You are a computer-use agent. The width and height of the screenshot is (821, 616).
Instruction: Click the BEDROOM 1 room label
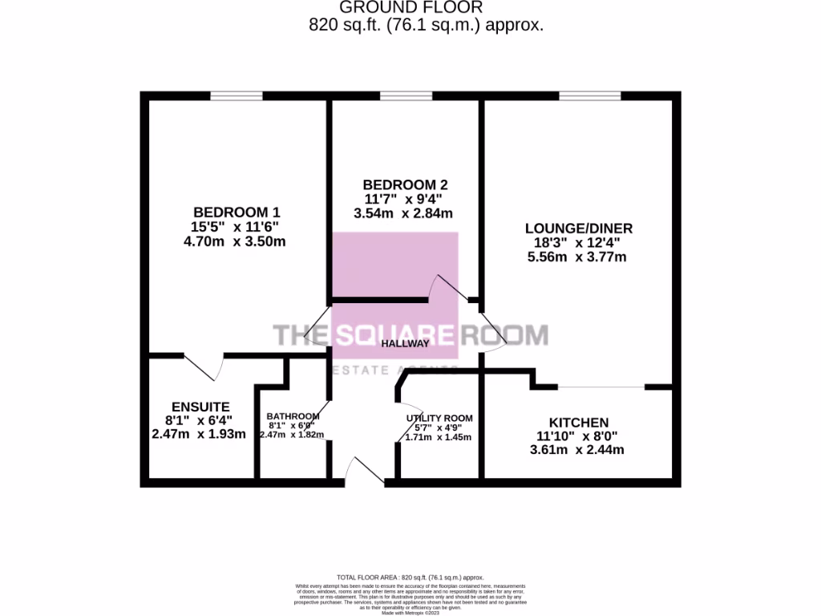point(234,212)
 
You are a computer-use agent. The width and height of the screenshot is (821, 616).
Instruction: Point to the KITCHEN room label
point(578,422)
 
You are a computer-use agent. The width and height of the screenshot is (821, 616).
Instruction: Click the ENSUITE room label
point(200,406)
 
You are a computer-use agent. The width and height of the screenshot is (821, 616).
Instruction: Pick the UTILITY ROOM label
point(439,418)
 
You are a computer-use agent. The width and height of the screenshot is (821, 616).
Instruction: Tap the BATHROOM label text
point(293,416)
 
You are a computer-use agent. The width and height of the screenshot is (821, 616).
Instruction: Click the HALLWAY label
point(405,343)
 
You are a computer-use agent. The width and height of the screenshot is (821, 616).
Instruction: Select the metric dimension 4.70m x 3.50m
point(234,241)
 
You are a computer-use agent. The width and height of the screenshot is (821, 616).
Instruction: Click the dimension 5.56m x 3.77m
point(576,257)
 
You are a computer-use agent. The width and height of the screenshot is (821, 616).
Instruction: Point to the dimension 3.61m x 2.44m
point(578,450)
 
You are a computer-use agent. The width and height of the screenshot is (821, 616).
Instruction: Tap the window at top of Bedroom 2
point(406,96)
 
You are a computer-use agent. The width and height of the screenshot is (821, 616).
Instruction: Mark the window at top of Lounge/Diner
point(589,96)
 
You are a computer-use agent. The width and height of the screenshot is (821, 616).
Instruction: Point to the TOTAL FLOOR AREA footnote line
point(410,577)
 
